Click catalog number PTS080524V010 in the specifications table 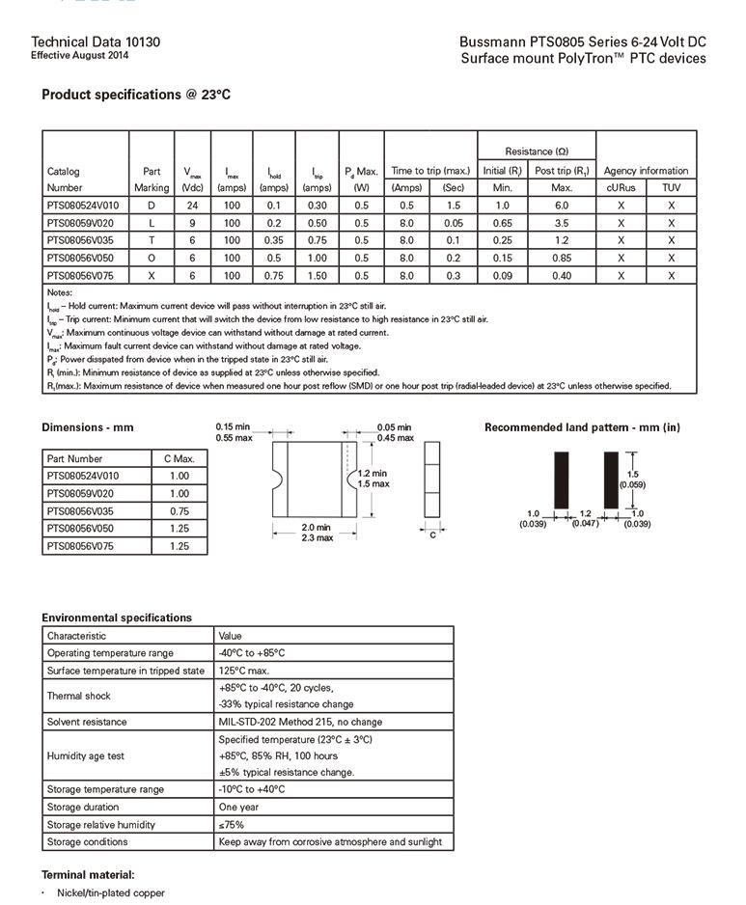pos(83,206)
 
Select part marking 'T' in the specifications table pos(151,240)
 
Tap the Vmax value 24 pos(192,206)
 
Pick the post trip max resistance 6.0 pos(562,206)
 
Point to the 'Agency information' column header pos(646,171)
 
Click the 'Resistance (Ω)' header pos(537,151)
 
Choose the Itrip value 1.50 pos(317,275)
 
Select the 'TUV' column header pos(671,188)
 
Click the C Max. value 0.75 pos(179,511)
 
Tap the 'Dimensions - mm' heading pos(88,427)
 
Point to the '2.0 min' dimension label pos(316,528)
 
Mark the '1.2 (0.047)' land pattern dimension pos(585,518)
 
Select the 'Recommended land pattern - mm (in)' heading pos(582,427)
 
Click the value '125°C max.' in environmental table pos(244,671)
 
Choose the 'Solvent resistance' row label pos(87,722)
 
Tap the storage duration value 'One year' pos(239,807)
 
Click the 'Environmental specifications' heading pos(117,617)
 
